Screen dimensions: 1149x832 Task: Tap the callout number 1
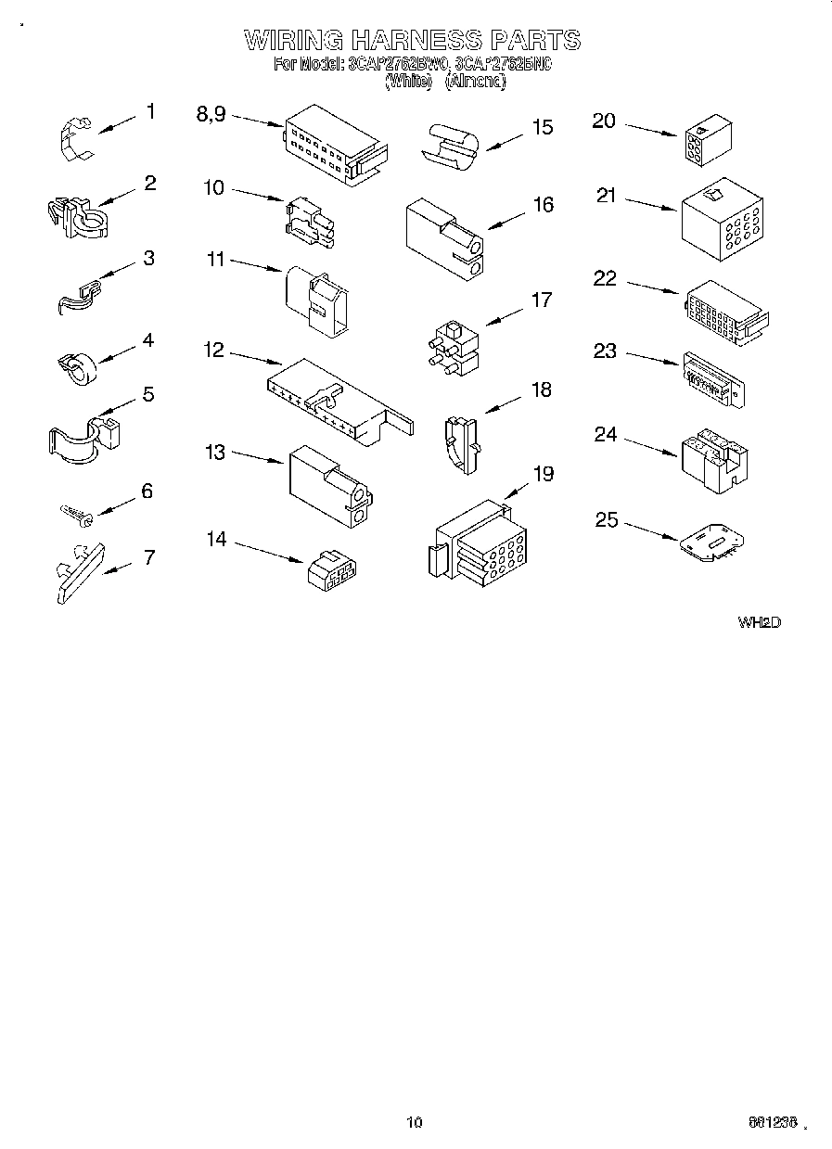click(x=150, y=112)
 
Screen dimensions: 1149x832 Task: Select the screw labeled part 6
click(x=73, y=514)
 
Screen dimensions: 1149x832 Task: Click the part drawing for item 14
click(x=333, y=570)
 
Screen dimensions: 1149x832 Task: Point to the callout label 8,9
click(x=211, y=114)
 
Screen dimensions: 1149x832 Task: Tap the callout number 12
click(x=213, y=351)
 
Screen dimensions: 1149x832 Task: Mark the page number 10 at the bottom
click(x=415, y=1123)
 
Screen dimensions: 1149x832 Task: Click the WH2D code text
click(x=759, y=622)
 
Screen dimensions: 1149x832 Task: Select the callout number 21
click(x=606, y=197)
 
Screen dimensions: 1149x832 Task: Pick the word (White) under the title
click(x=408, y=82)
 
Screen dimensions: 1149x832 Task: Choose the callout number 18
click(x=540, y=389)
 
